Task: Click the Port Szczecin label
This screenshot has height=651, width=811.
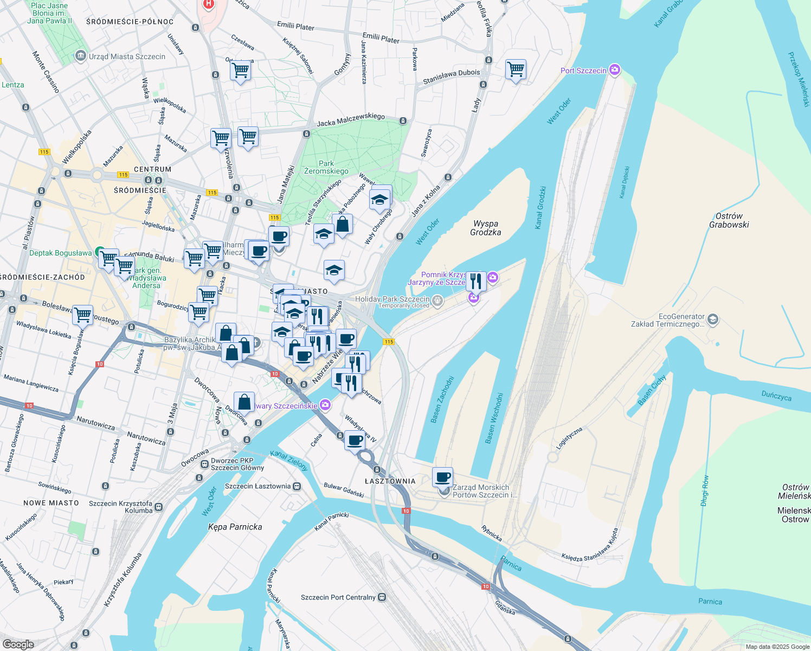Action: pos(583,71)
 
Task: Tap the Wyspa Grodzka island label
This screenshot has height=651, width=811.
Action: pos(485,228)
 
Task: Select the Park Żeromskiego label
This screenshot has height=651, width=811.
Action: pos(326,167)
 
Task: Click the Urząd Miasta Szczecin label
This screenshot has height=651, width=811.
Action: pos(127,56)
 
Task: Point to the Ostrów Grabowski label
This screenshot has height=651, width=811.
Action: pos(729,220)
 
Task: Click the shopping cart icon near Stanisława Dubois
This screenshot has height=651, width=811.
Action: pos(516,69)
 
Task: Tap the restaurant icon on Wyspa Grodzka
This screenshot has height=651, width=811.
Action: pos(475,281)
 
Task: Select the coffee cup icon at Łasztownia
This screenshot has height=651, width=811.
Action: pos(443,477)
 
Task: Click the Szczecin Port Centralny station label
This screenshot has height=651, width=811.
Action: pos(338,597)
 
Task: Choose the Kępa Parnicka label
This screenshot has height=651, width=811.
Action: pos(235,527)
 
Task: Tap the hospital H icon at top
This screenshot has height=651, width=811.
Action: pos(208,4)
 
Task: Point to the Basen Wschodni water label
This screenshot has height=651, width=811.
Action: pos(494,418)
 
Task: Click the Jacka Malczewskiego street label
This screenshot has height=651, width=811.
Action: pos(351,120)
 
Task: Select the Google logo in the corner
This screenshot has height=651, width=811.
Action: pos(18,644)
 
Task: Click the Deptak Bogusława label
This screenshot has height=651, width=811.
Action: pos(61,253)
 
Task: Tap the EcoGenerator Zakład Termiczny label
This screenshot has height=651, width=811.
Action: pos(667,320)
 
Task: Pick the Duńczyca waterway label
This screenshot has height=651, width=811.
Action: pos(776,396)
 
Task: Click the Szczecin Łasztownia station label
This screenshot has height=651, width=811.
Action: pos(258,486)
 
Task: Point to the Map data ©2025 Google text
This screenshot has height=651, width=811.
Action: pos(777,647)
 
